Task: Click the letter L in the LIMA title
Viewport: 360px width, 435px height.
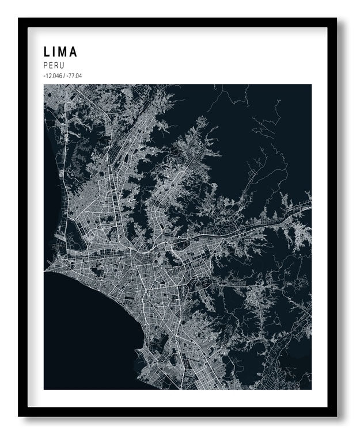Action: (x=47, y=52)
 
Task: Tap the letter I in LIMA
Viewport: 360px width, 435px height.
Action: (x=55, y=52)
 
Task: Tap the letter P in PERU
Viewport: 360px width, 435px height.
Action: (x=46, y=66)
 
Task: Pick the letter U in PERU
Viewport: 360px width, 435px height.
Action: (x=62, y=66)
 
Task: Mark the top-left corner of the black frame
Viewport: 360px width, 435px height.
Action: (x=19, y=18)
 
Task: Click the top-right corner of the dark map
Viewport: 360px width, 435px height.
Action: (x=311, y=85)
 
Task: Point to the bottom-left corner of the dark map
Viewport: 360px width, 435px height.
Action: (x=44, y=389)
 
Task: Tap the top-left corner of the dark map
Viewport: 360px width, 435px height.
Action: (x=44, y=85)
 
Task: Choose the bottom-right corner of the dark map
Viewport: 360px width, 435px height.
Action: (x=311, y=389)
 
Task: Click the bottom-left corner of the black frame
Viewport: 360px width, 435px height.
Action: (x=19, y=416)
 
